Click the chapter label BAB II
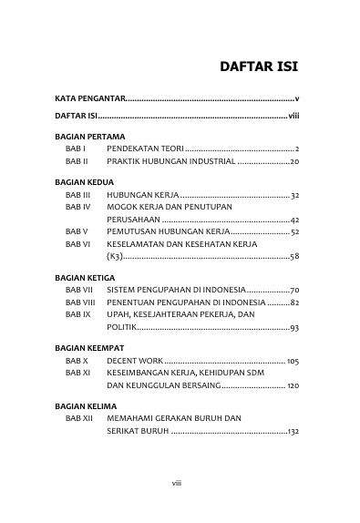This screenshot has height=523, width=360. coord(77,160)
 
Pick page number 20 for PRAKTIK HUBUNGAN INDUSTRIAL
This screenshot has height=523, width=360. coord(295,160)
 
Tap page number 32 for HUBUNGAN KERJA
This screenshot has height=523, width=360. coord(295,195)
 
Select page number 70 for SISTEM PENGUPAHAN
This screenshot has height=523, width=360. coord(295,289)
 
